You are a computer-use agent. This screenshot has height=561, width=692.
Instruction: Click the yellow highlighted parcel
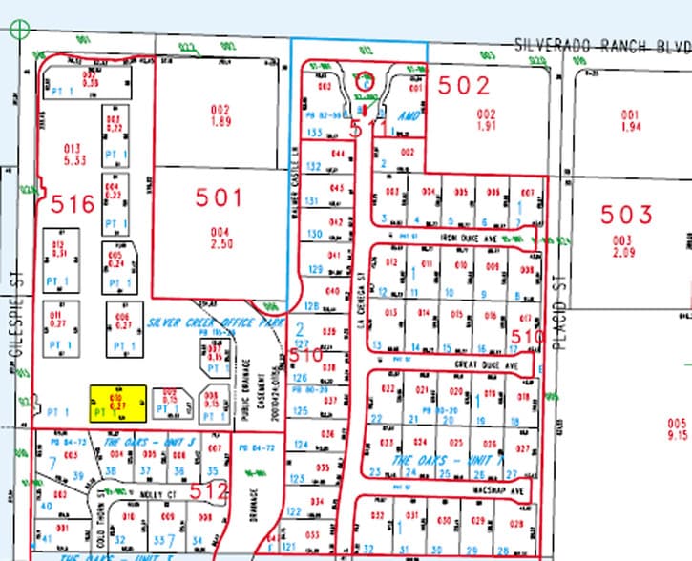click(117, 404)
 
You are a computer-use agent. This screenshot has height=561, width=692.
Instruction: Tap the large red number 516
click(72, 202)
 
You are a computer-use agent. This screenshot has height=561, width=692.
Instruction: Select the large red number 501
click(220, 198)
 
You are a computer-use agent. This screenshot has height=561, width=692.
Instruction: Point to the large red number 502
click(464, 86)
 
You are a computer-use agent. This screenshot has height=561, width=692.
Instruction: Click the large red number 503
click(627, 214)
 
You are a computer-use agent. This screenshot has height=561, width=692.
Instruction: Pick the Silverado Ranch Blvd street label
click(600, 46)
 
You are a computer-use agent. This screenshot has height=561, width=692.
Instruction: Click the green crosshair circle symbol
click(18, 28)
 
